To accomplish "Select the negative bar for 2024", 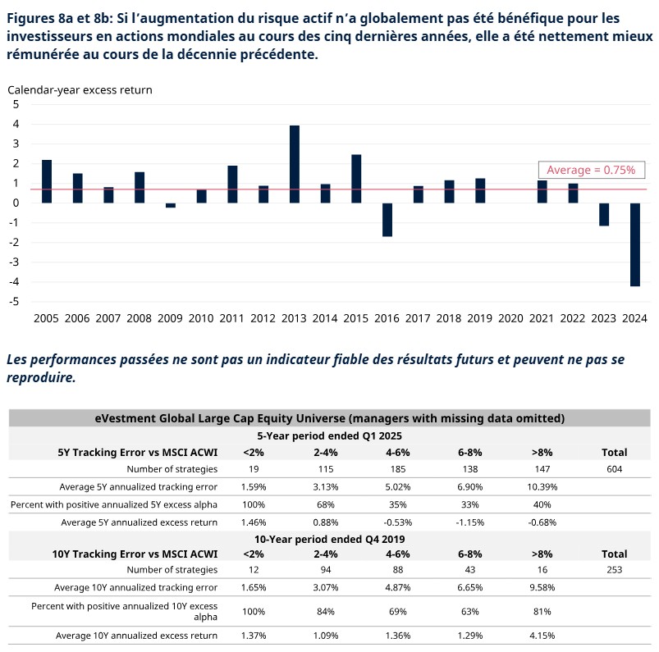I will tap(635, 244).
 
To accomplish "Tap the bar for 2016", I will tap(387, 220).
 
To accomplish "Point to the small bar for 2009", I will tap(171, 205).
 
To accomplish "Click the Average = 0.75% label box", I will tap(591, 170).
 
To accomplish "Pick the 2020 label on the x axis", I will tap(511, 318).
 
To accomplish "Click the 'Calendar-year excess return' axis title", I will tap(80, 90).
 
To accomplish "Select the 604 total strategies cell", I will tap(614, 469).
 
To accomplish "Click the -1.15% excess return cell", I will tap(471, 522).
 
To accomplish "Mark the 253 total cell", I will tap(614, 569).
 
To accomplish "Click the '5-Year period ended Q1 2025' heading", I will tap(329, 436).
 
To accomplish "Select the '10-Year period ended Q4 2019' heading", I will tap(329, 539).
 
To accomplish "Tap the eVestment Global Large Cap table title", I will tap(329, 418).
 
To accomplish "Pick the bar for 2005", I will tap(47, 181).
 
